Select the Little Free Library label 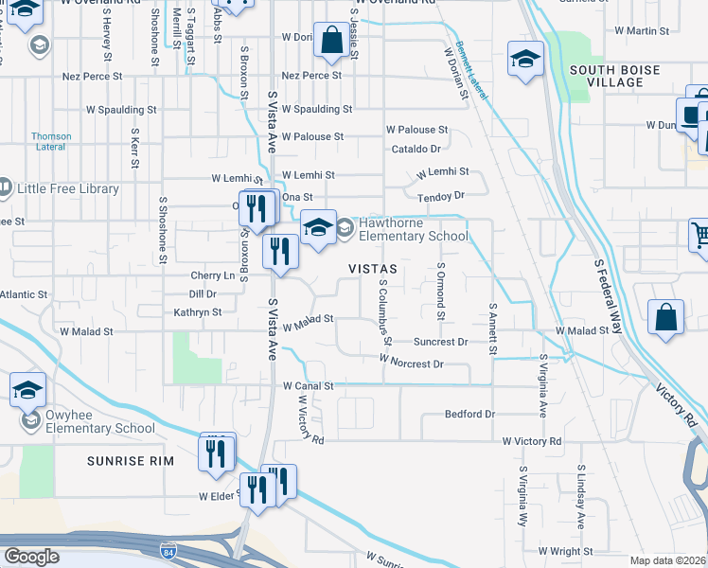[x=68, y=188]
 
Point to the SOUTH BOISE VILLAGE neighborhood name [x=615, y=76]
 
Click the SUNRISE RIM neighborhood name [x=127, y=461]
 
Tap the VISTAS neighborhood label [x=372, y=269]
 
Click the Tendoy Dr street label [x=441, y=196]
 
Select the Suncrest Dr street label [x=441, y=341]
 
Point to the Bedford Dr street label [x=470, y=415]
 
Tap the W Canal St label [x=308, y=386]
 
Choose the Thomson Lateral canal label [x=51, y=141]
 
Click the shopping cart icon [x=699, y=234]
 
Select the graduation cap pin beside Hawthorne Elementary [x=319, y=227]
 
